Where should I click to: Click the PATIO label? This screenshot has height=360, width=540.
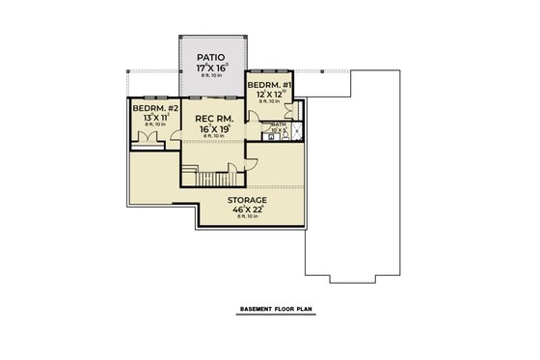[211, 58]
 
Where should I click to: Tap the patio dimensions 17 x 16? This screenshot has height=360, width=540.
[211, 70]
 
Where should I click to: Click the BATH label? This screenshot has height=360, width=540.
[277, 125]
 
